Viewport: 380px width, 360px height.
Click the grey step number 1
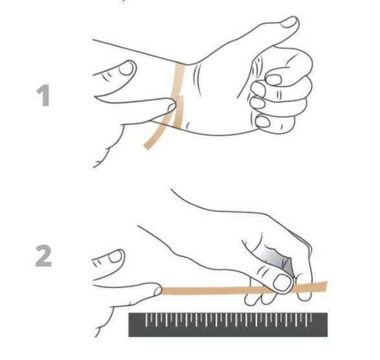click(x=43, y=95)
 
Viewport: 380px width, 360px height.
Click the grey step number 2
click(x=43, y=256)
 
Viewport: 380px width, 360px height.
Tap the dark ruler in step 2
click(x=228, y=324)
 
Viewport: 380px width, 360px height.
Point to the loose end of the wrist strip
click(x=147, y=146)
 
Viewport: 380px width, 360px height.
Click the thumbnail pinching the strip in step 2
click(x=283, y=283)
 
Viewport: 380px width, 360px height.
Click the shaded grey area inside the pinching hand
click(x=279, y=260)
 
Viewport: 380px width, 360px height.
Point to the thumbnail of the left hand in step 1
click(x=126, y=68)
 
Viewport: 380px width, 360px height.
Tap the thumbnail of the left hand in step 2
click(x=116, y=256)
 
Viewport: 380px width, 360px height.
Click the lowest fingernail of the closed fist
click(x=262, y=121)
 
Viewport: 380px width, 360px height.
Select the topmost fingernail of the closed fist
click(x=273, y=80)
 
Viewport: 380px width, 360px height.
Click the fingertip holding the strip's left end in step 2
click(x=158, y=290)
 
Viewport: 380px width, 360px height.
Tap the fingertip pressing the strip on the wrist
click(x=172, y=106)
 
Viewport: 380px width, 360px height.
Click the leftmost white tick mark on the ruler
click(x=146, y=319)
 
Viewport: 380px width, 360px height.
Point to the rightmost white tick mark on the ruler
click(x=311, y=317)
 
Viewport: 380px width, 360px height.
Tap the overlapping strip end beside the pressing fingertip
click(x=179, y=111)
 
